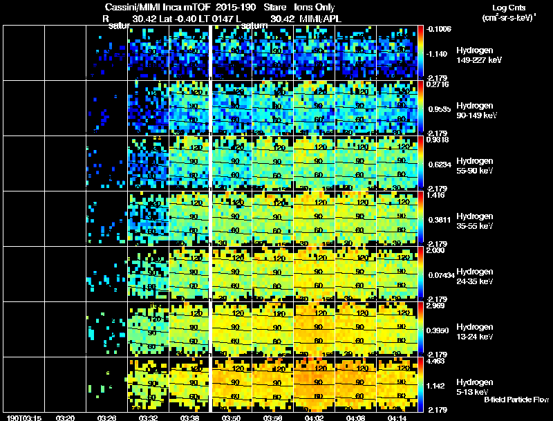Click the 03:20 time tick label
tap(66, 418)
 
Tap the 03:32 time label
tap(149, 418)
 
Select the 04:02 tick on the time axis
tap(315, 418)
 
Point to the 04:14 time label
tap(398, 418)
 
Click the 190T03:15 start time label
tap(22, 418)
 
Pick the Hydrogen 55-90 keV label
tap(475, 165)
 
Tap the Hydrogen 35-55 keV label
tap(475, 221)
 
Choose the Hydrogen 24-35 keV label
tap(475, 276)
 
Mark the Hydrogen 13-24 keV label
tap(475, 331)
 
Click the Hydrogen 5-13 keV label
tap(474, 386)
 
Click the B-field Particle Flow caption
tap(516, 400)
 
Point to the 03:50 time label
tap(232, 418)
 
